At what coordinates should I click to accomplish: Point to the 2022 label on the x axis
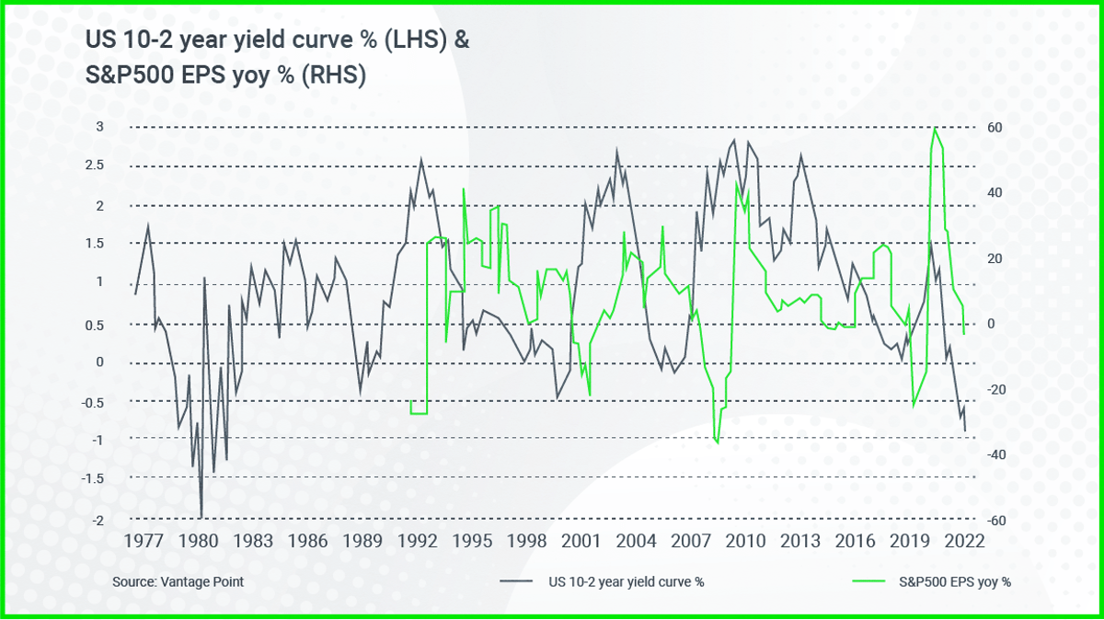tap(963, 541)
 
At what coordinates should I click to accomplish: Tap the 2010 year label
tap(743, 541)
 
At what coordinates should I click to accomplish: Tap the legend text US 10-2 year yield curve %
tap(626, 581)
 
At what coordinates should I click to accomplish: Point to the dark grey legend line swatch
tap(519, 581)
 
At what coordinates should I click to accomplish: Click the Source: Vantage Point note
tap(178, 581)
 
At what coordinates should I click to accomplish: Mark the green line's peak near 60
tap(935, 128)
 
